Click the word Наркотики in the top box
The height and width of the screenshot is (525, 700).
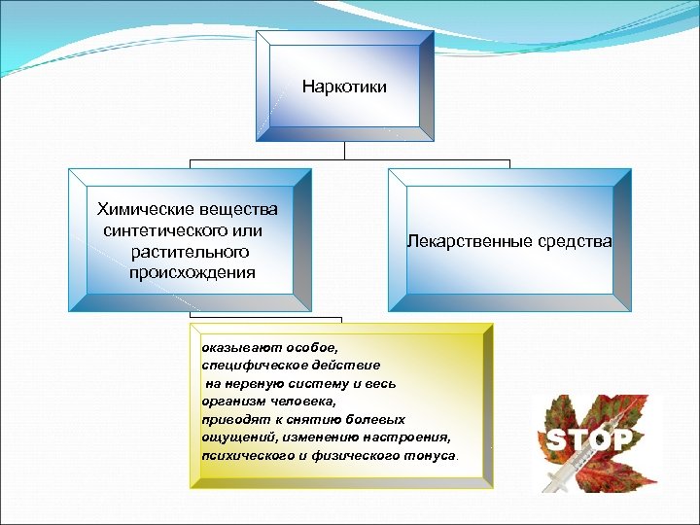point(344,87)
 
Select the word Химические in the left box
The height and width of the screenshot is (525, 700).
point(139,209)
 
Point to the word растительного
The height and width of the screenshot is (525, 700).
point(187,252)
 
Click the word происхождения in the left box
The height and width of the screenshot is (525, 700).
point(192,272)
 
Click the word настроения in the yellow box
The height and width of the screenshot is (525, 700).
point(410,437)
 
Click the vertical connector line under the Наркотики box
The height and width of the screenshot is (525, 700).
point(344,150)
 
